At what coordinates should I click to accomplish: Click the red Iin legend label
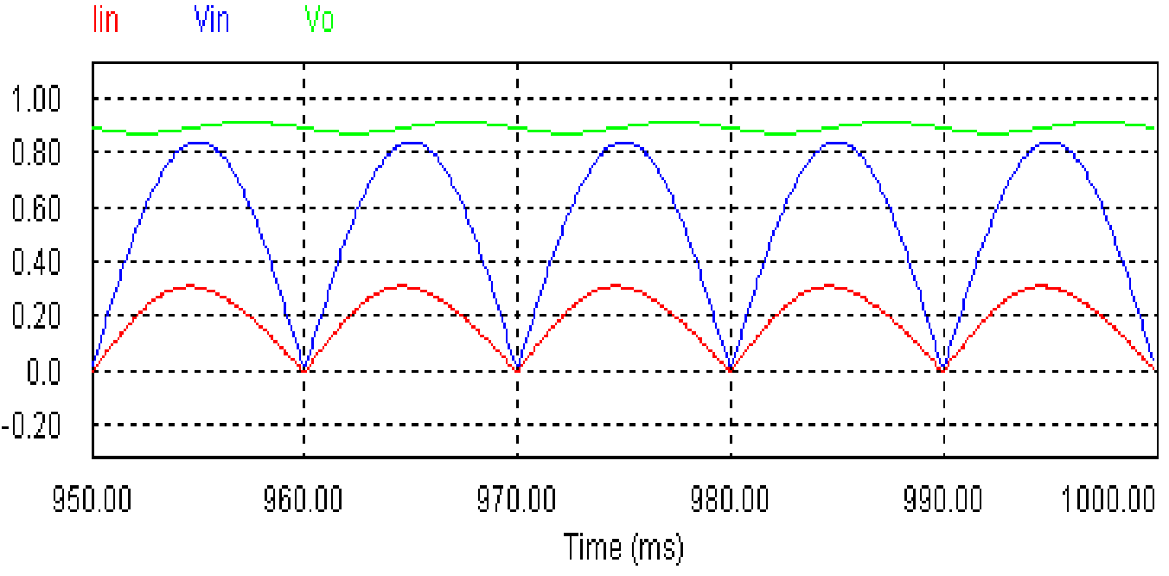(x=105, y=19)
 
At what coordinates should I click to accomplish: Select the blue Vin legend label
(x=212, y=19)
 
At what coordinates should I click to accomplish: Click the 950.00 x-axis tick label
(x=93, y=499)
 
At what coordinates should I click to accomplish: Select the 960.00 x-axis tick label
(x=304, y=499)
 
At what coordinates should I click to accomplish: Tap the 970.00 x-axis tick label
(x=517, y=499)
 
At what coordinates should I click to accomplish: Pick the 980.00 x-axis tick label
(x=731, y=499)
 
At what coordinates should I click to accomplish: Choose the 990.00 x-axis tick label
(x=943, y=499)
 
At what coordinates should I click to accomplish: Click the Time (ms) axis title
(x=623, y=547)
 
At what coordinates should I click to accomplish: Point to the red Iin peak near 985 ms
(x=828, y=285)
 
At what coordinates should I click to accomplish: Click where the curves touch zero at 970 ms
(x=517, y=370)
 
